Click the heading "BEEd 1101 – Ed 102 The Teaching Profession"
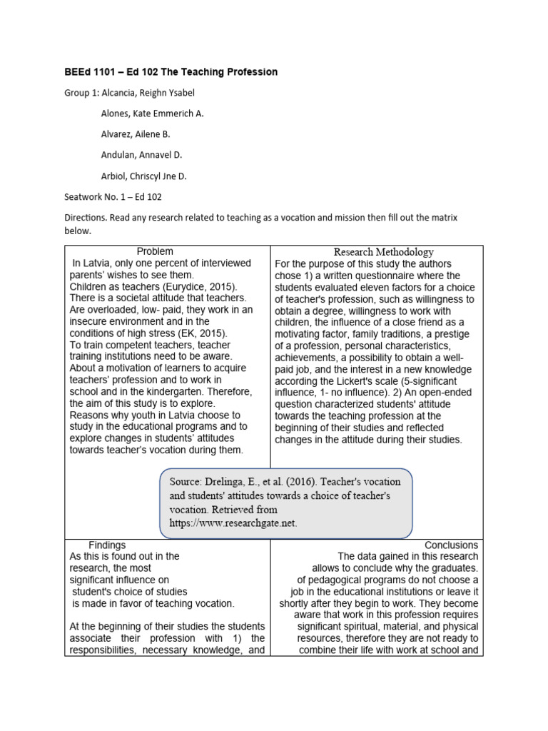(171, 72)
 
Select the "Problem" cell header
(155, 251)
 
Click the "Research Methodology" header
(384, 252)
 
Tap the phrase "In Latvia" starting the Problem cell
(94, 263)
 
